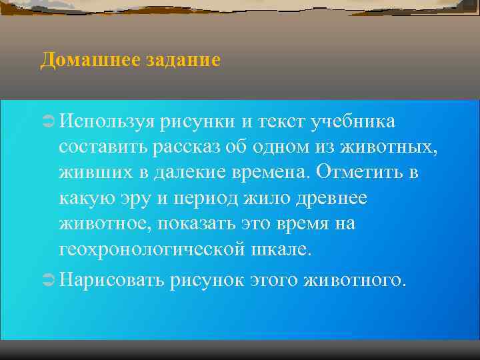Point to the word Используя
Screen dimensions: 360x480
(x=107, y=122)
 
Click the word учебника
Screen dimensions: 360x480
(x=355, y=122)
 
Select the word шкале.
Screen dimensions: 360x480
(x=287, y=249)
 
